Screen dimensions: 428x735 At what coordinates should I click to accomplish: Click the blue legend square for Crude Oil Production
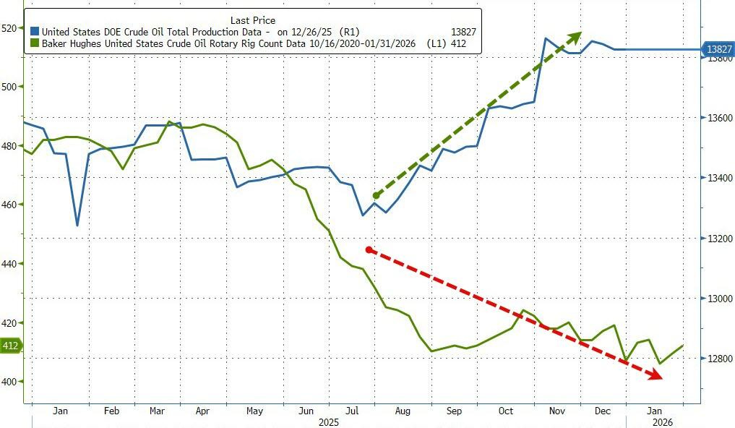point(35,32)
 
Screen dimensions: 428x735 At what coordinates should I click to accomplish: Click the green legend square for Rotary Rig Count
point(35,44)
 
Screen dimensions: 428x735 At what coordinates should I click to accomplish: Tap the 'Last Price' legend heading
point(252,20)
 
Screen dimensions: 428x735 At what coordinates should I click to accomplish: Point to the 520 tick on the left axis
point(10,28)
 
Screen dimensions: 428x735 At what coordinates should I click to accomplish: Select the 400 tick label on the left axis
point(10,382)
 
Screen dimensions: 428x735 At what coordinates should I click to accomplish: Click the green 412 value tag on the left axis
point(11,346)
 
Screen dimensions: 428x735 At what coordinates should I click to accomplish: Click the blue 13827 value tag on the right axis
point(719,49)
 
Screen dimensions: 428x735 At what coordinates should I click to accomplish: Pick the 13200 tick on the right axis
point(717,239)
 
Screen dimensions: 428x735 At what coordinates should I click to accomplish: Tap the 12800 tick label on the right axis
point(717,359)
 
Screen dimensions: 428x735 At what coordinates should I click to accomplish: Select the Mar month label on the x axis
point(157,411)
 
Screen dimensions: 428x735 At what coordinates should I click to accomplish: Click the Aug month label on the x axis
point(402,411)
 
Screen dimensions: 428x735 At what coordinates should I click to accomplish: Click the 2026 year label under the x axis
point(663,421)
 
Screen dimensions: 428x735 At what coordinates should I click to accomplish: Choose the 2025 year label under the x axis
point(329,421)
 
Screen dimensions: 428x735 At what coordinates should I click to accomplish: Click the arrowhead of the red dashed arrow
point(655,374)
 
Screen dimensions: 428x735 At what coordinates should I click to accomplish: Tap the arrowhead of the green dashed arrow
point(576,35)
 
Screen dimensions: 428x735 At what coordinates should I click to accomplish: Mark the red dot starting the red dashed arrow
point(369,250)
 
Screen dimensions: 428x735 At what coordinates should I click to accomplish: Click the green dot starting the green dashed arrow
point(376,195)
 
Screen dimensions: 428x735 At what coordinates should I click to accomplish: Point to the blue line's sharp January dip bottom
point(77,226)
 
